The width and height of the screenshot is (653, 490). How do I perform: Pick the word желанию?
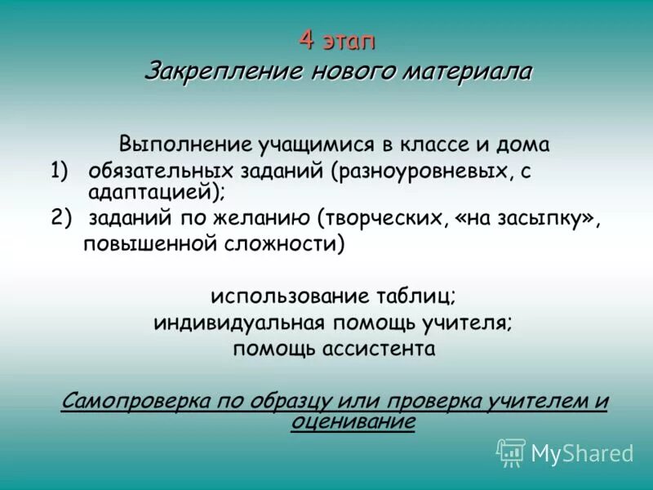pyautogui.click(x=260, y=217)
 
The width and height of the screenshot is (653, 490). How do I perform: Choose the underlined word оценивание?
pyautogui.click(x=353, y=421)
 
